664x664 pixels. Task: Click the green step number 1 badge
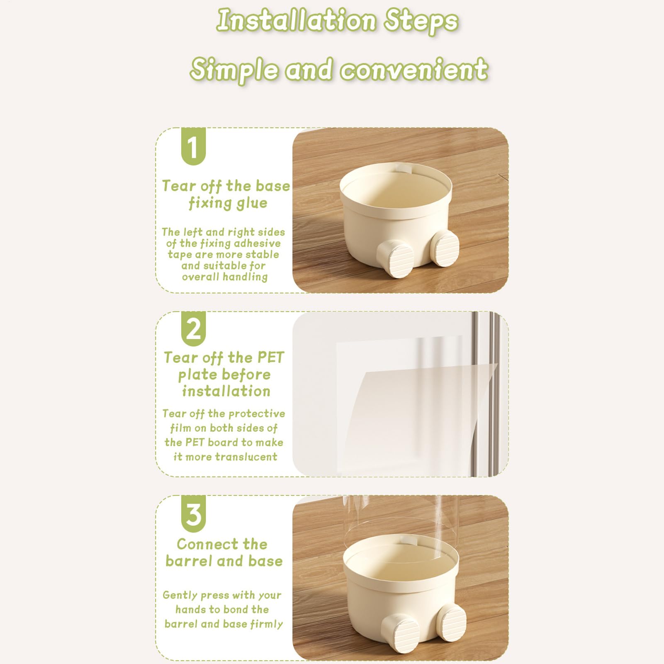point(193,146)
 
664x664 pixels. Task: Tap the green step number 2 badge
point(193,328)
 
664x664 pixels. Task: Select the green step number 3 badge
point(193,513)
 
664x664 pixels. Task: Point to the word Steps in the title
point(421,22)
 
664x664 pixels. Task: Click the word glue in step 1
point(252,204)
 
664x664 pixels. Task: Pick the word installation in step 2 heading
point(226,391)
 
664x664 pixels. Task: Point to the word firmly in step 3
point(267,624)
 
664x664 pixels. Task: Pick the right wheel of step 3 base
point(451,622)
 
